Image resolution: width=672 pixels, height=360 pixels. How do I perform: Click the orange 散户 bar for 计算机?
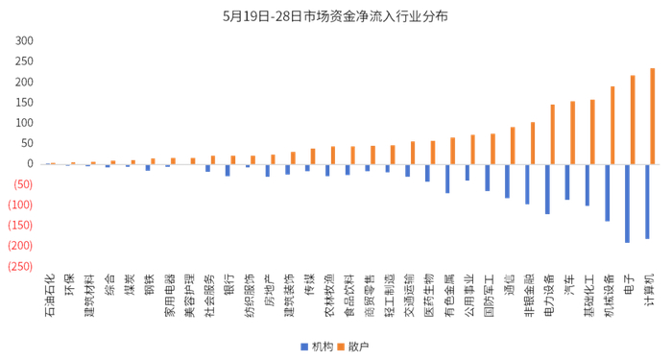tap(653, 116)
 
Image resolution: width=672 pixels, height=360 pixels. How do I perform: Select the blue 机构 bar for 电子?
tap(627, 203)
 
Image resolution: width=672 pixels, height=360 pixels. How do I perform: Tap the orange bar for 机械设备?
tap(612, 126)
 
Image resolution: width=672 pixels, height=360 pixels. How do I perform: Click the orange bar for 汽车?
tap(572, 132)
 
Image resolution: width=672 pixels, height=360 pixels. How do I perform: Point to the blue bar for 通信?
tap(506, 180)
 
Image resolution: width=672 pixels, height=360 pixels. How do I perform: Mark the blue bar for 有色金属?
tap(446, 179)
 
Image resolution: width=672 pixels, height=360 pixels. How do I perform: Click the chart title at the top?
tap(335, 16)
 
